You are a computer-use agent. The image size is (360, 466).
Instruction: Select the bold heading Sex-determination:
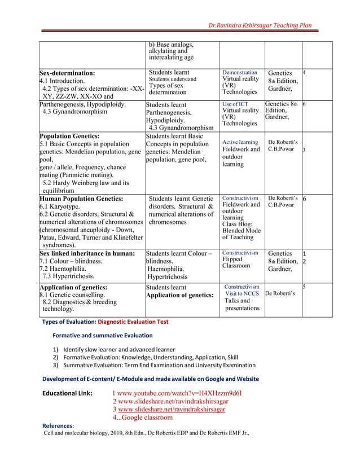pos(67,73)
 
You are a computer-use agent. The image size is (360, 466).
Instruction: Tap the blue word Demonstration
pos(240,73)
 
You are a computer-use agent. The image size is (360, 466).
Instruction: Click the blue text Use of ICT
pos(235,104)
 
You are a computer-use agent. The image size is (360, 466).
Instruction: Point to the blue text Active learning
pos(240,142)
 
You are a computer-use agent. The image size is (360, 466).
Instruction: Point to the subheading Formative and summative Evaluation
pos(99,335)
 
